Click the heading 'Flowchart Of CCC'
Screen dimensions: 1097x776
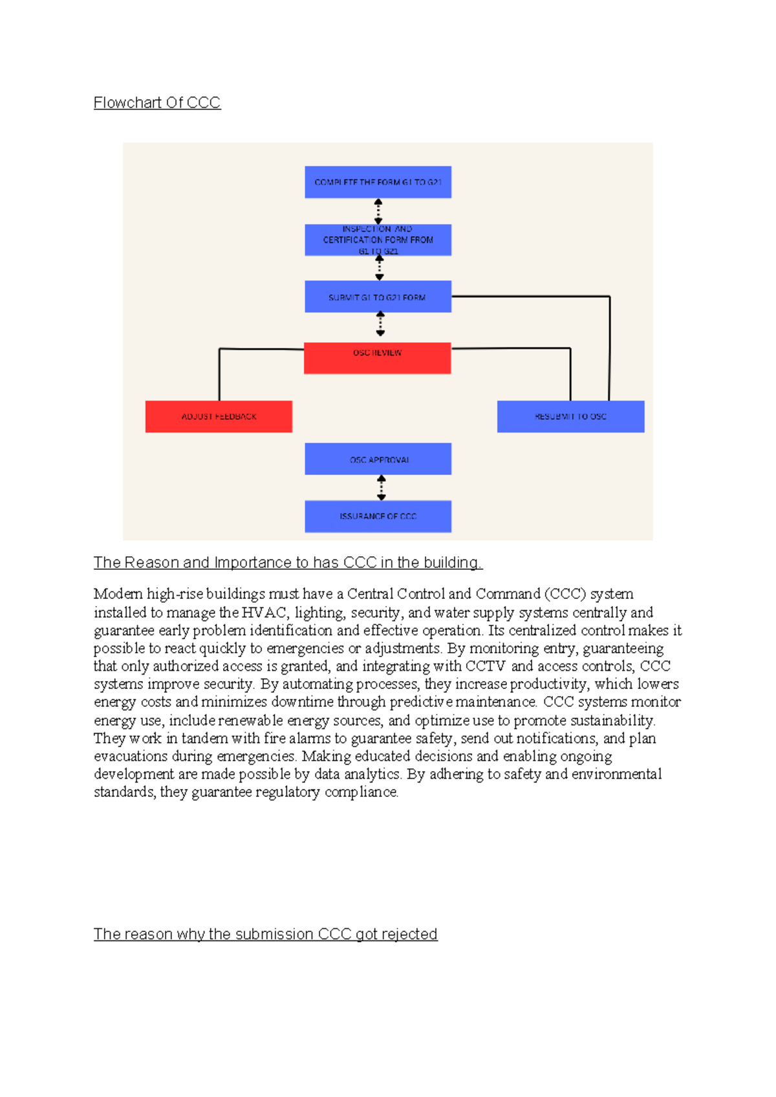[157, 103]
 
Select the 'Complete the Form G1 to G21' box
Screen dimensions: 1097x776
[378, 182]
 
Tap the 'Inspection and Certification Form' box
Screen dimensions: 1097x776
[378, 240]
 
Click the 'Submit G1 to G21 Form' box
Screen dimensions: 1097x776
[378, 297]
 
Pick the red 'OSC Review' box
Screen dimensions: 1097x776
[378, 358]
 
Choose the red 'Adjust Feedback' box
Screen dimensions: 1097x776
[219, 417]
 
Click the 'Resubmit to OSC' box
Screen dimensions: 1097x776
[570, 417]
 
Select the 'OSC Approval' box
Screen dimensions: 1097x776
[378, 459]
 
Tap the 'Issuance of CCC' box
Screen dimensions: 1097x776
[378, 516]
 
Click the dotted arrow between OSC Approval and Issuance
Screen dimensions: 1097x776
[382, 488]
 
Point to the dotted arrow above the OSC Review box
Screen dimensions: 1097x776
[380, 323]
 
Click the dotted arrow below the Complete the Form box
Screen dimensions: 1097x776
[378, 212]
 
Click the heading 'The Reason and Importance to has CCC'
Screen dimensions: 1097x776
[288, 563]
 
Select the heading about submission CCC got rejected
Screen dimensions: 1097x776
[265, 934]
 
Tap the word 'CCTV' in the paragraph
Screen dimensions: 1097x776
[485, 666]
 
